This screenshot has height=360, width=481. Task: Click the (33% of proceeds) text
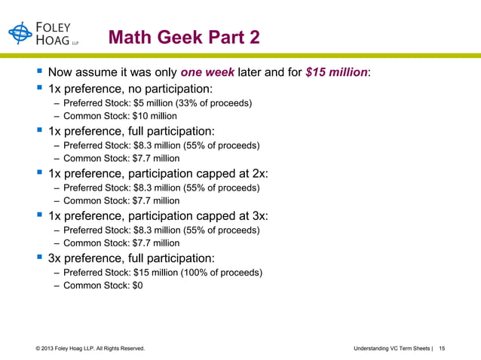tap(218, 102)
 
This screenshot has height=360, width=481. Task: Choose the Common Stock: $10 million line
tap(120, 116)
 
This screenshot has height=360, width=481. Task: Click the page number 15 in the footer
tap(443, 349)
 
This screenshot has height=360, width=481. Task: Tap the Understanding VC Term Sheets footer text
tap(391, 349)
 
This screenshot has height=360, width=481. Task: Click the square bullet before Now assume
tap(38, 73)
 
